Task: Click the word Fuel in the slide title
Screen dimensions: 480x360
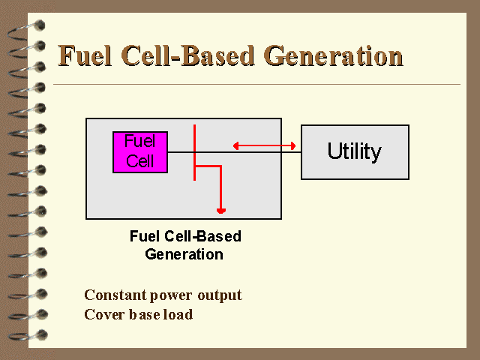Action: [x=85, y=55]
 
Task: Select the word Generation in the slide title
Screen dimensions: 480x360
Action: [x=333, y=55]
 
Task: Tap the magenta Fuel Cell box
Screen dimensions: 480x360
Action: [x=140, y=152]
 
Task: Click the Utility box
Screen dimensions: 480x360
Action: [x=355, y=152]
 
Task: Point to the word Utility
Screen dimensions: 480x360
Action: [x=355, y=151]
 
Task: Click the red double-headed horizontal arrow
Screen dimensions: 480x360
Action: [x=264, y=145]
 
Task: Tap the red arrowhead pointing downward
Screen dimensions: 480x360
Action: [x=221, y=211]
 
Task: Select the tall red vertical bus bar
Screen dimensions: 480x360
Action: [x=194, y=152]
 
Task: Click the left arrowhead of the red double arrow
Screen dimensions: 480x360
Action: [x=235, y=145]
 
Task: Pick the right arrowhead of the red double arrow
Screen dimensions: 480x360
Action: [x=293, y=145]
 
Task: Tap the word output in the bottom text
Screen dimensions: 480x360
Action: [x=220, y=295]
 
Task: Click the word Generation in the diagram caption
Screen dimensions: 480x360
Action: [x=184, y=254]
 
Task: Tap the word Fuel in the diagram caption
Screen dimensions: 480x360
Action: [x=145, y=236]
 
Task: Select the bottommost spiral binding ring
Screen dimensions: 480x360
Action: [x=28, y=335]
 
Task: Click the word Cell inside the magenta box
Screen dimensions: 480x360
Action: [x=140, y=161]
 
